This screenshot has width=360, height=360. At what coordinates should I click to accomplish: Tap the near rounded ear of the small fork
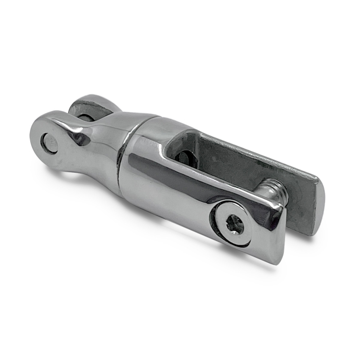click(x=49, y=139)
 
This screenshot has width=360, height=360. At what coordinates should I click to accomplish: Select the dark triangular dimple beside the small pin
click(x=80, y=138)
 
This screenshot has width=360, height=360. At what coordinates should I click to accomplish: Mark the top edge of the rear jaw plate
click(x=257, y=149)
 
